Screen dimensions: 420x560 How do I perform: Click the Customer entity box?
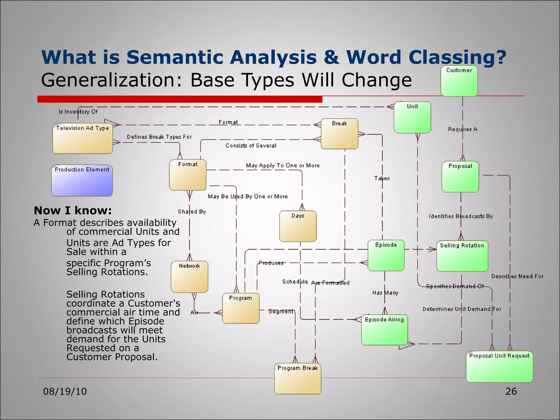point(459,81)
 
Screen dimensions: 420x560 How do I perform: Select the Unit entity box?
point(412,118)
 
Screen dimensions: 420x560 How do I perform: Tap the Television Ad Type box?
point(83,138)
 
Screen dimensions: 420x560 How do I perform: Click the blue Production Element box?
point(82,180)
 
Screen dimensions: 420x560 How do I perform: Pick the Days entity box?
point(298,226)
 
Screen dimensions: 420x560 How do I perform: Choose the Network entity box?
point(189,277)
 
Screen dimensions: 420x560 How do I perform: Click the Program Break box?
point(297,379)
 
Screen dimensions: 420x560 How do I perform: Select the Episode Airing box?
point(384,330)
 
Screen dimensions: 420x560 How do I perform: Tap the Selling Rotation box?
point(462,256)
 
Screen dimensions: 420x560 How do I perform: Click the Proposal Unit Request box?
point(499,367)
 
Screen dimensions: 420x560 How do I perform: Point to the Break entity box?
point(339,134)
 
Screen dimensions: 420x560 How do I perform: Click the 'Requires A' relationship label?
point(462,129)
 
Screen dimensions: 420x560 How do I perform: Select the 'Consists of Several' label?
point(251,146)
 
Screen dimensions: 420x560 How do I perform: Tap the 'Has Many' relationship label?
point(385,293)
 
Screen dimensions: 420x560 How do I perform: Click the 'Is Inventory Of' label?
point(78,112)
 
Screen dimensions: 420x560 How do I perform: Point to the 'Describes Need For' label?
point(517,276)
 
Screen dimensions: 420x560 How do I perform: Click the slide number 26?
point(511,392)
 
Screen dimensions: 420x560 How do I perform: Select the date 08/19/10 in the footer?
point(65,392)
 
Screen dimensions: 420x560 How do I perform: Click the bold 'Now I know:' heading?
point(73,211)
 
